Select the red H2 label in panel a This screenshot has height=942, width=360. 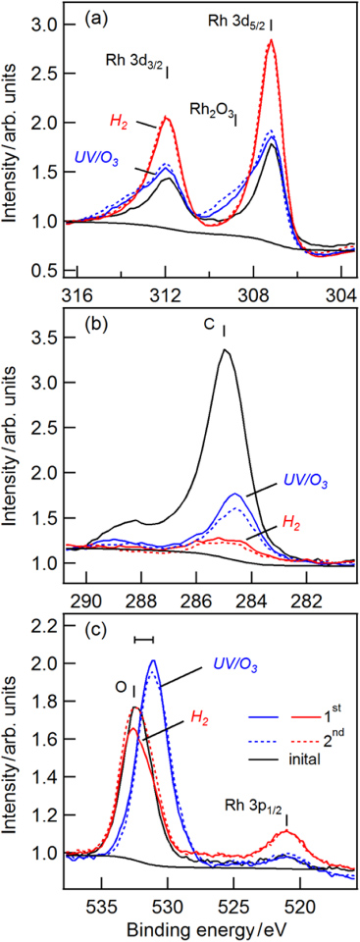click(118, 121)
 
